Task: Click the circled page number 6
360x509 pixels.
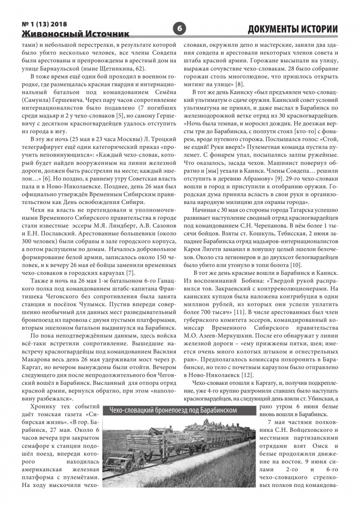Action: tap(179, 29)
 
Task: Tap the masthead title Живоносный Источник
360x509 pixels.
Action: tap(76, 34)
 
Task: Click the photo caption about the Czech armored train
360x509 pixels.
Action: tap(173, 410)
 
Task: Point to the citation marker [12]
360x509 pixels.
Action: tap(247, 375)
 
